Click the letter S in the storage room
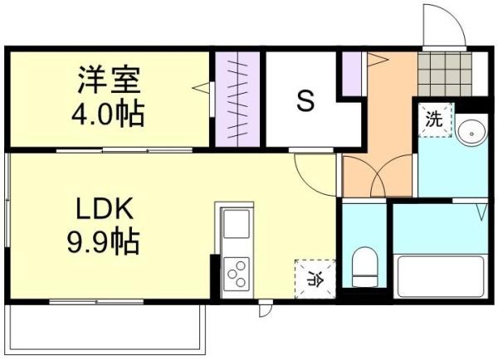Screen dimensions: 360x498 pyautogui.click(x=305, y=102)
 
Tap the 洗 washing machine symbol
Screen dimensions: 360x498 pyautogui.click(x=434, y=119)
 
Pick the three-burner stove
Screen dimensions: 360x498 pyautogui.click(x=237, y=273)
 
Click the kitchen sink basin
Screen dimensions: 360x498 pyautogui.click(x=237, y=224)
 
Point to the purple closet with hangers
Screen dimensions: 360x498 pyautogui.click(x=237, y=98)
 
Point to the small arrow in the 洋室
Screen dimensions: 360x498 pyautogui.click(x=200, y=85)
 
